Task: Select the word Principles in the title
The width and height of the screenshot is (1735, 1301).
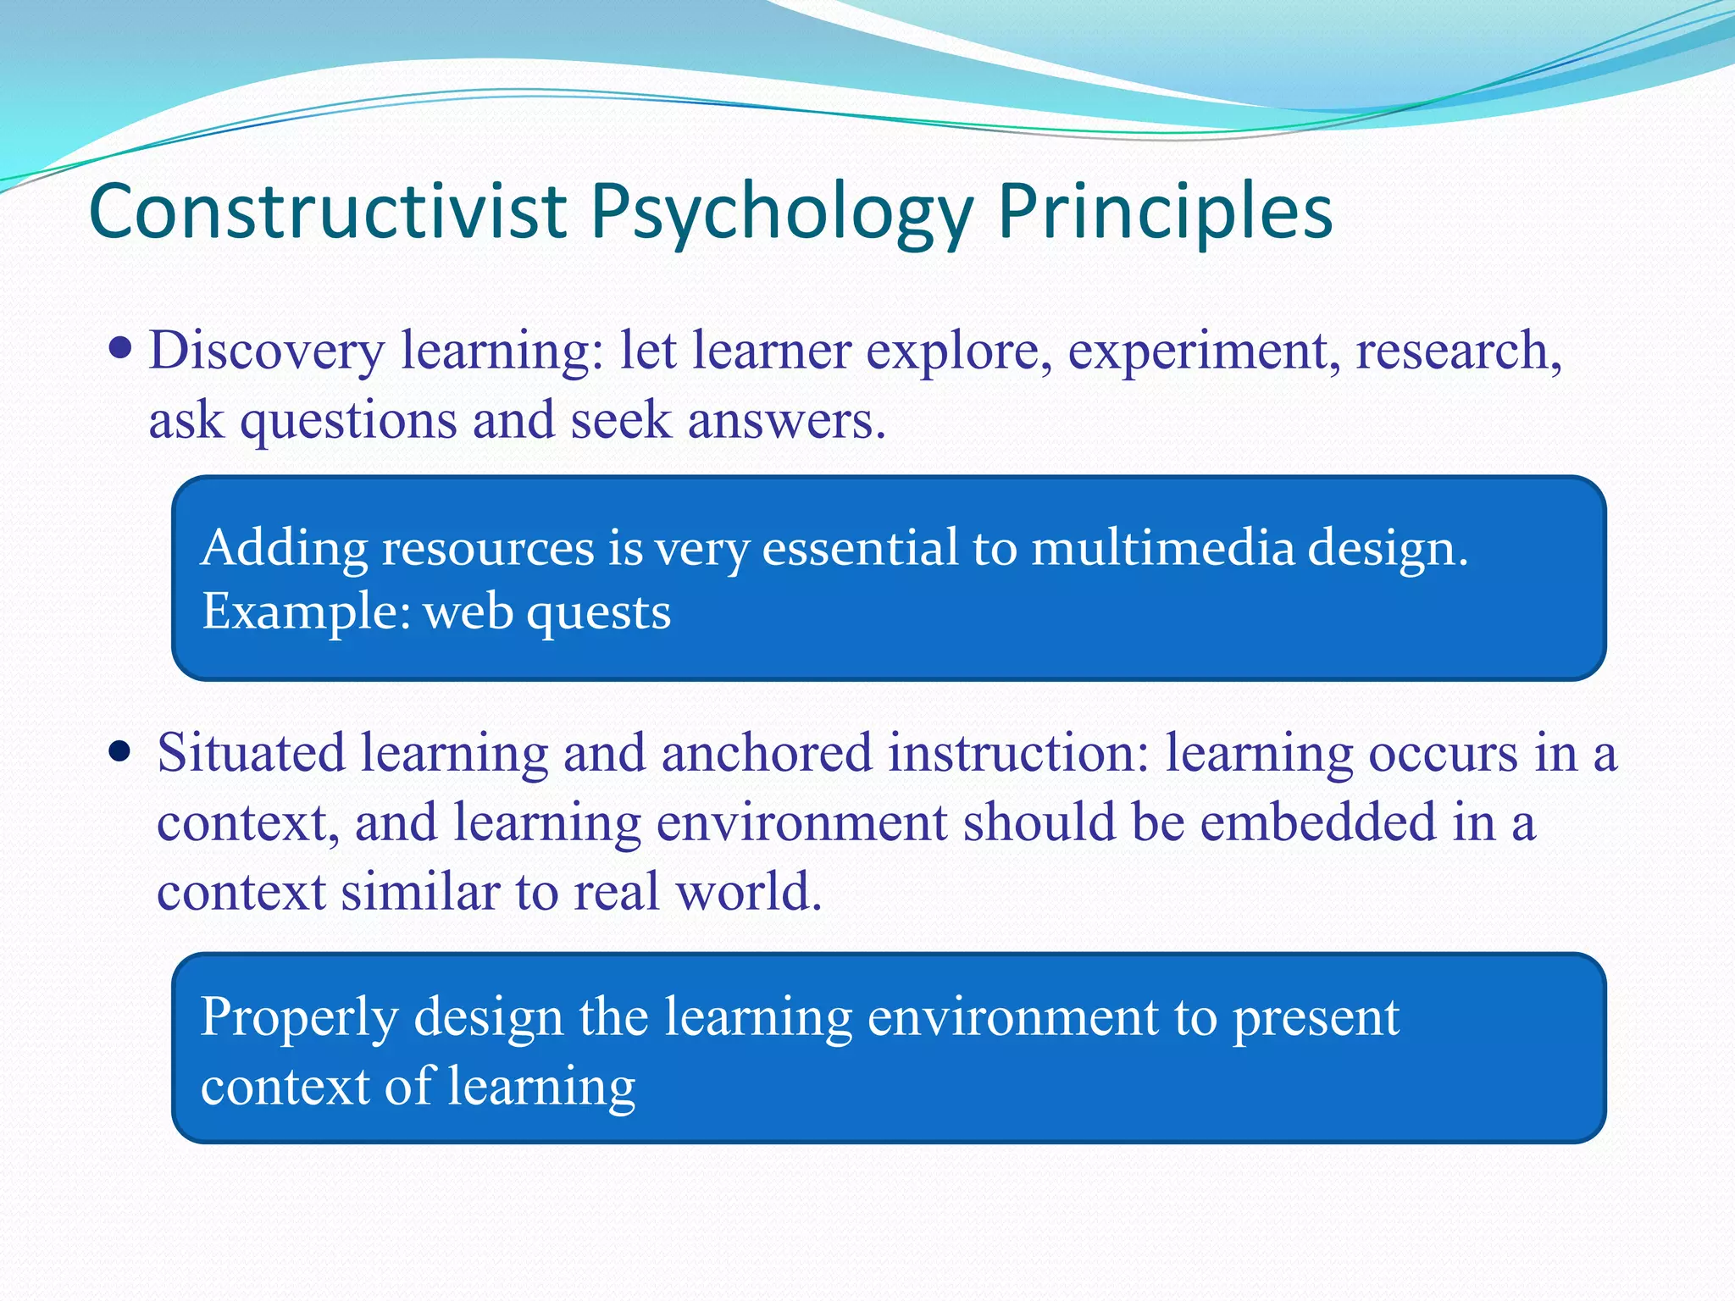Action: [1165, 213]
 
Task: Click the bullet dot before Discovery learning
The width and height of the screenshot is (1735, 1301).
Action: [121, 347]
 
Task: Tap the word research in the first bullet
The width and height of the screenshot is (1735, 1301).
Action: [1458, 351]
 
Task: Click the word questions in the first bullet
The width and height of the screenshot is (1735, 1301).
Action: [348, 422]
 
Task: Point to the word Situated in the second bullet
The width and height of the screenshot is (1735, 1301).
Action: [251, 753]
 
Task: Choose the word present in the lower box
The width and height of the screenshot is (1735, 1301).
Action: [1315, 1019]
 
